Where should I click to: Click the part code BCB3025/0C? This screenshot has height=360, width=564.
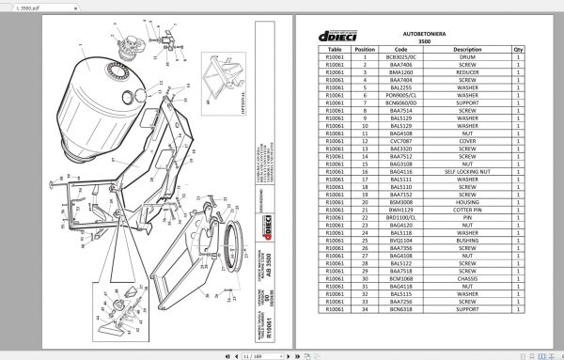[401, 56]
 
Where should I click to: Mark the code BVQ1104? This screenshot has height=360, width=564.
[401, 240]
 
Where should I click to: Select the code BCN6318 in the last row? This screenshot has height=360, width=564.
[401, 308]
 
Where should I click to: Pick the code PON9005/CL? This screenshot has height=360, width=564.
[401, 94]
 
